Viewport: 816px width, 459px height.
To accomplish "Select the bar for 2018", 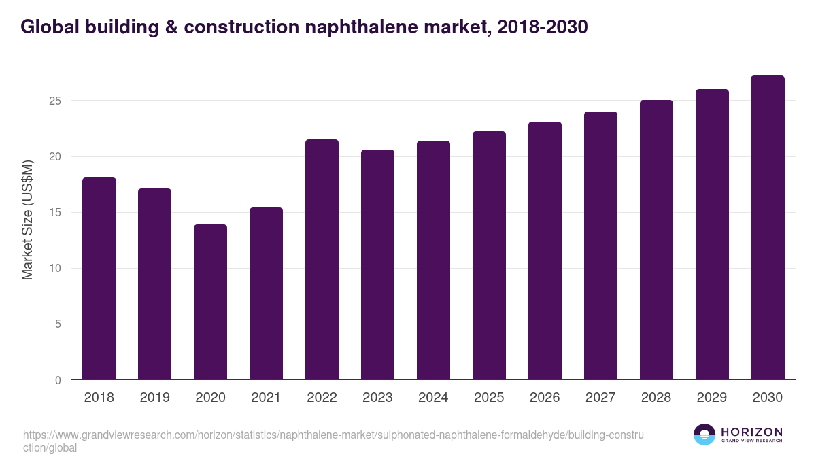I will tap(99, 279).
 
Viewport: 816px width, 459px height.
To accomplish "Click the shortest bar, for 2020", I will tap(211, 302).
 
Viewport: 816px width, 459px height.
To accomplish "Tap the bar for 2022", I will tap(322, 260).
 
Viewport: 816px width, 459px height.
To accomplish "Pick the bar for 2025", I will tap(489, 256).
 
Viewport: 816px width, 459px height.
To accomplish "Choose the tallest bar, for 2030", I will tap(768, 228).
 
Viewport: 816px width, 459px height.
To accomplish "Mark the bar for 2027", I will tap(600, 245).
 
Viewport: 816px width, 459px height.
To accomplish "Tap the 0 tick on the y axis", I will tap(58, 380).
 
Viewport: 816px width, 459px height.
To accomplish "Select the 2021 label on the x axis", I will tap(266, 398).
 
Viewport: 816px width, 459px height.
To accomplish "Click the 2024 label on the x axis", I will tap(433, 398).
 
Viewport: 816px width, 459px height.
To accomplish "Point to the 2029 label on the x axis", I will tap(712, 398).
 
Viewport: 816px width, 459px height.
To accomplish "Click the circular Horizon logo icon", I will tap(704, 435).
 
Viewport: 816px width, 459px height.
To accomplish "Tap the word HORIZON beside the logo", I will tap(751, 432).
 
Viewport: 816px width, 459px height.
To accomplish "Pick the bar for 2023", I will tap(377, 265).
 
